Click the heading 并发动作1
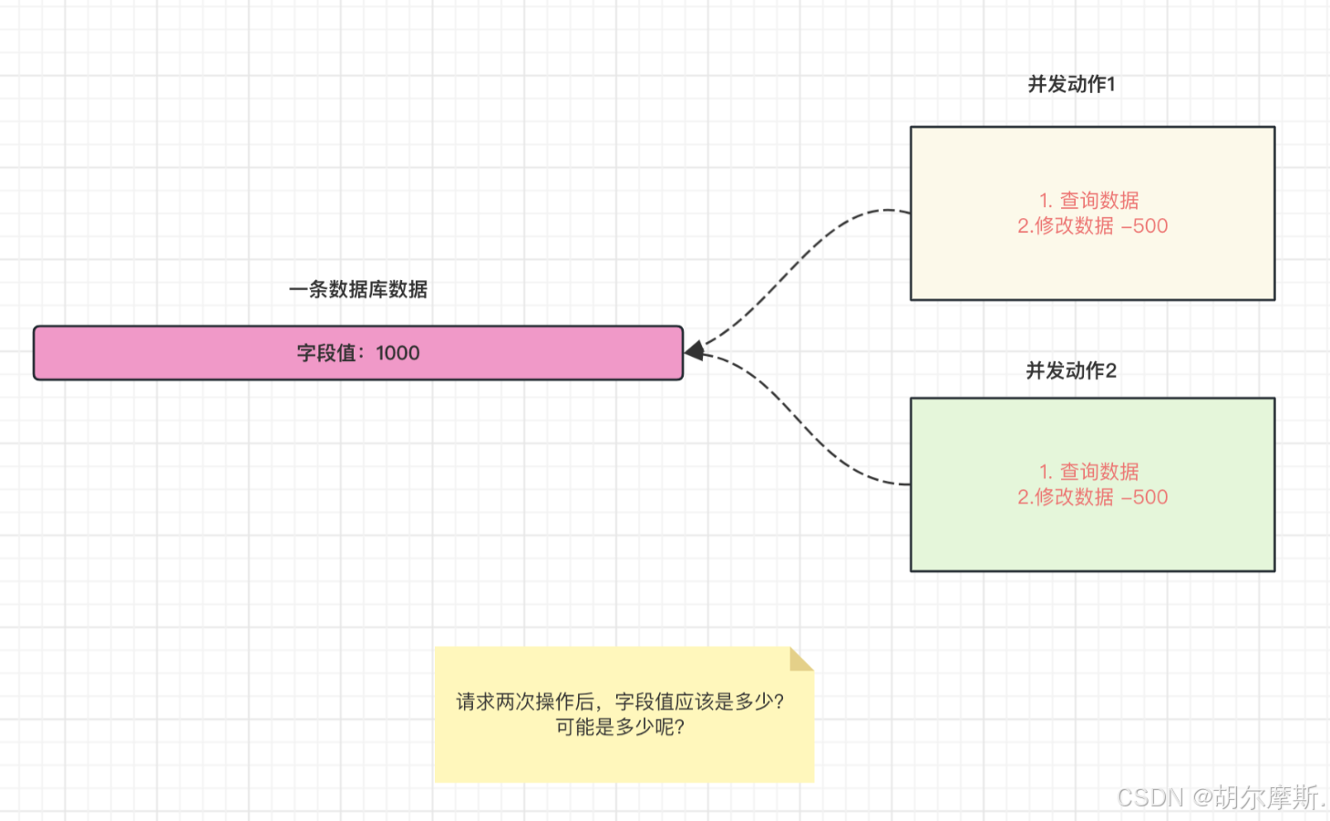point(1070,84)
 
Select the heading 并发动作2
point(1070,370)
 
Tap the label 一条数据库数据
point(358,290)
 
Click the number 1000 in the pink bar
point(397,353)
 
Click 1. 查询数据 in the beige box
point(1089,201)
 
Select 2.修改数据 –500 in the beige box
point(1092,226)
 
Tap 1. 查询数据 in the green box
point(1089,472)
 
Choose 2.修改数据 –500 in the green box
point(1092,497)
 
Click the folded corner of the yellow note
point(800,659)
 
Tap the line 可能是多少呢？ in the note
point(620,727)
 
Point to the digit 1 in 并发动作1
point(1110,84)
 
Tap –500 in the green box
point(1145,497)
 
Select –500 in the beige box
point(1145,226)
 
